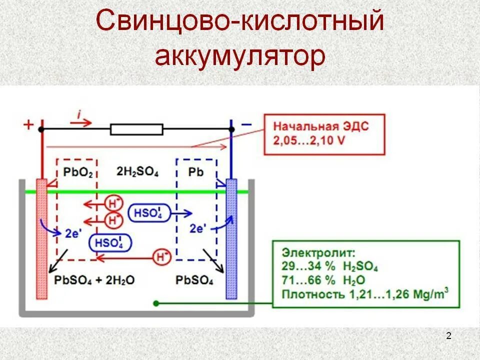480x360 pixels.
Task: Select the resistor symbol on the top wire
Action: [x=136, y=130]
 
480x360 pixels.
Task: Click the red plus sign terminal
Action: [x=28, y=125]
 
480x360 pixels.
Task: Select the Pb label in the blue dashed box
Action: [x=196, y=172]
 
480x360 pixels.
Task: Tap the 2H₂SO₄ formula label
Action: [x=137, y=172]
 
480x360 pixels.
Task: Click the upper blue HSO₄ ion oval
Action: [x=148, y=212]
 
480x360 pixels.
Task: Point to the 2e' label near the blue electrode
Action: [x=197, y=228]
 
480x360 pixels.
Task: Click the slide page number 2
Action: [x=448, y=335]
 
